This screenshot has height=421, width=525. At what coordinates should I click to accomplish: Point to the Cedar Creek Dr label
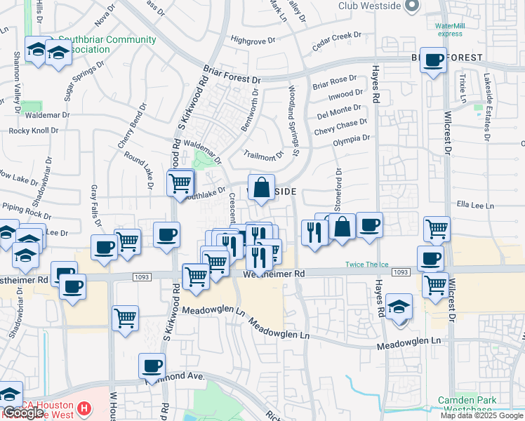click(x=336, y=41)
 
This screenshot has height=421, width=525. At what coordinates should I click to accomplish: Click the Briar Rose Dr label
click(x=335, y=82)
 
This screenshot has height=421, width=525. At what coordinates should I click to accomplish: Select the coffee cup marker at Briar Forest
click(x=434, y=60)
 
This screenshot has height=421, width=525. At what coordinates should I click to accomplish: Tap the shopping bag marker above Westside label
click(x=261, y=188)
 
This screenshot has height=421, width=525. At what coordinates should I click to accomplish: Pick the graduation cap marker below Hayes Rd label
click(x=399, y=307)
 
